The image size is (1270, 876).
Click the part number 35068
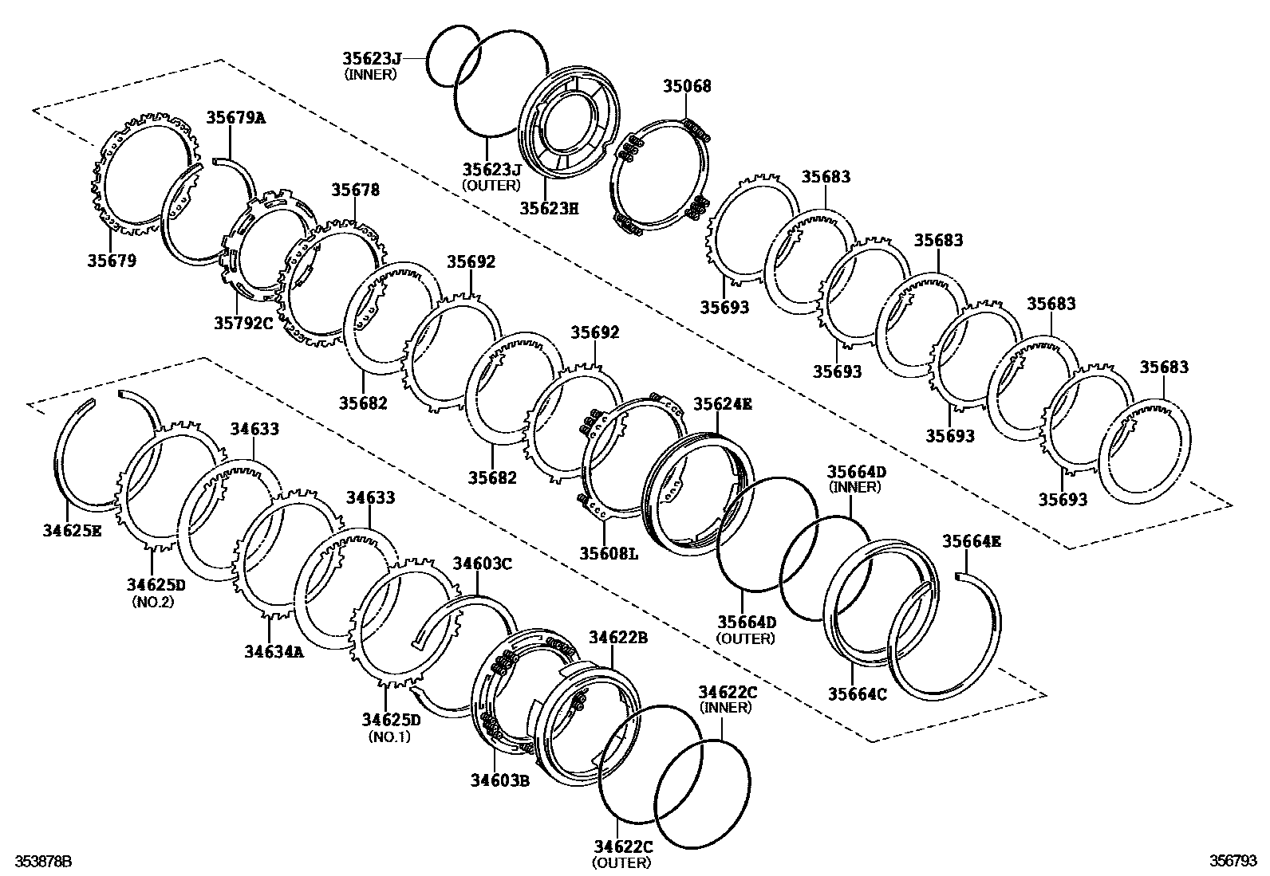[x=687, y=86]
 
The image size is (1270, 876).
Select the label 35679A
[x=236, y=118]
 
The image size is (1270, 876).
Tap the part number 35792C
[x=243, y=323]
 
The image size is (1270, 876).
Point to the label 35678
[x=356, y=190]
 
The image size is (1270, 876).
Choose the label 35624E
[x=722, y=403]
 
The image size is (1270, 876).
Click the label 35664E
[x=971, y=541]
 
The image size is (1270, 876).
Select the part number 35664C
[x=857, y=693]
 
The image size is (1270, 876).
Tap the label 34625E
[x=72, y=529]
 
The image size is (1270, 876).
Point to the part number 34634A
[x=274, y=651]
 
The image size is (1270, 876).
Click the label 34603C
[x=482, y=564]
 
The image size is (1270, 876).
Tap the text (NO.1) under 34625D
[x=389, y=737]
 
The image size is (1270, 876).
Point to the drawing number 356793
[x=1233, y=862]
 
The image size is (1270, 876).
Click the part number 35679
[x=112, y=261]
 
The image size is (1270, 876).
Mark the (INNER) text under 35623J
[x=370, y=74]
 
